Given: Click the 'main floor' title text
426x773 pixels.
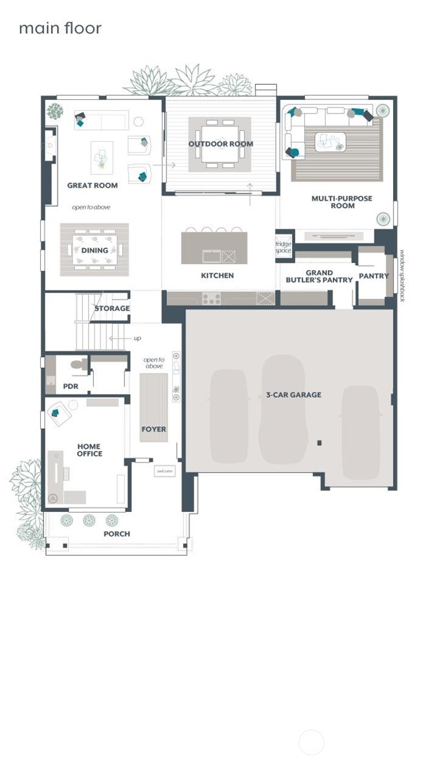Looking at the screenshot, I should pos(60,29).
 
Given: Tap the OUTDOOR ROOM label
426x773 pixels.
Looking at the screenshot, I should pos(221,144).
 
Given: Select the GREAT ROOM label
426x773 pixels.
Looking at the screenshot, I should pos(93,185).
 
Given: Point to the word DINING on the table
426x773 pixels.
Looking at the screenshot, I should pos(95,251).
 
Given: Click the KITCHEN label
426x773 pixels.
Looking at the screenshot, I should pos(218,275).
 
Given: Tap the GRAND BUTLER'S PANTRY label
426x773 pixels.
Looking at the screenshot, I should pos(319,277).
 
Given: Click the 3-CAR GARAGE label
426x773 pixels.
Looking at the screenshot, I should pos(293,395).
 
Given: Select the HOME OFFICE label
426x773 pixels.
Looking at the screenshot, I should pos(89,450).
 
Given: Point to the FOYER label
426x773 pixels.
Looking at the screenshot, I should pos(153,429).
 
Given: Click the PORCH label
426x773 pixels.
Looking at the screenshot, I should pos(117,534).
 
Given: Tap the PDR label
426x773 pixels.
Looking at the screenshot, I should pos(71,386).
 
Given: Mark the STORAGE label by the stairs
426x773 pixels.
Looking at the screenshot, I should pos(112,308).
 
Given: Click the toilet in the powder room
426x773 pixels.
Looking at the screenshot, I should pos(78,365).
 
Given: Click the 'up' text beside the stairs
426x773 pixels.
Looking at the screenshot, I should pos(137,338).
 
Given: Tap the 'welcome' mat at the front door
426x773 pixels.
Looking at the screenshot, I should pos(164,472).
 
